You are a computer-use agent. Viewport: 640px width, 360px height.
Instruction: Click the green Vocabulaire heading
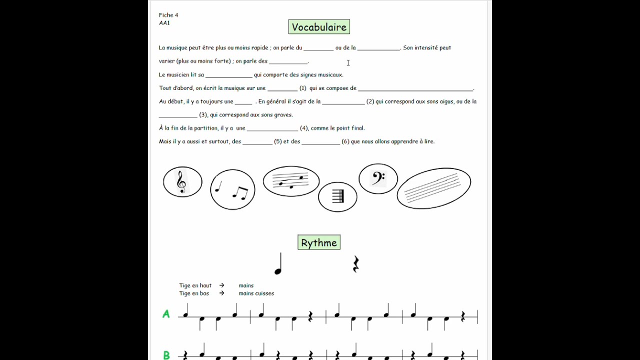pos(319,27)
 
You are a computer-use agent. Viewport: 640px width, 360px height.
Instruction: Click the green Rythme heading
pos(319,243)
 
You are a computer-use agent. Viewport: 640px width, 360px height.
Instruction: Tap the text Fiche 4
pos(168,15)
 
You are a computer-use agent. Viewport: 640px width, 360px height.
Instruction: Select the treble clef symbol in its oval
pos(182,181)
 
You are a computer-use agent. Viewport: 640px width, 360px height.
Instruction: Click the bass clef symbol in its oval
pos(378,178)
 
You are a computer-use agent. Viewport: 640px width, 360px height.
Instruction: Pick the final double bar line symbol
pos(338,196)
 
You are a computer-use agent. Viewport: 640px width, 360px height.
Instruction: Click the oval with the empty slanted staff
pos(433,188)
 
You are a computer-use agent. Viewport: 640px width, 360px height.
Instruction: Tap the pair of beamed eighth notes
pos(240,192)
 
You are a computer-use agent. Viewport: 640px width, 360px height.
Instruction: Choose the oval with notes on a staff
pos(291,181)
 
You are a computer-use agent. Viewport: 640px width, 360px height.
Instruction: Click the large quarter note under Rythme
pos(278,264)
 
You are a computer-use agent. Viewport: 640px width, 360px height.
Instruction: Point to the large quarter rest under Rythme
pos(355,264)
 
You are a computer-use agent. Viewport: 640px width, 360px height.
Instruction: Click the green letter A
pos(166,314)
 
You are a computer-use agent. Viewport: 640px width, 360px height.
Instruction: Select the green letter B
pos(166,355)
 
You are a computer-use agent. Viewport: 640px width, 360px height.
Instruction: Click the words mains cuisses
pos(256,293)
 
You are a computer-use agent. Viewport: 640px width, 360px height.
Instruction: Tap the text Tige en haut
pos(195,285)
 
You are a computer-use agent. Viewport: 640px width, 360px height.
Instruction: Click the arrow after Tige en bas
pos(221,293)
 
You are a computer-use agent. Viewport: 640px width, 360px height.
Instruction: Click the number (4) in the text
pos(304,128)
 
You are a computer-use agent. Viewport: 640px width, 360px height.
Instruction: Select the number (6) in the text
pos(345,141)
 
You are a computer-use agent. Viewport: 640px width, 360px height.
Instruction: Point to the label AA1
pos(164,23)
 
